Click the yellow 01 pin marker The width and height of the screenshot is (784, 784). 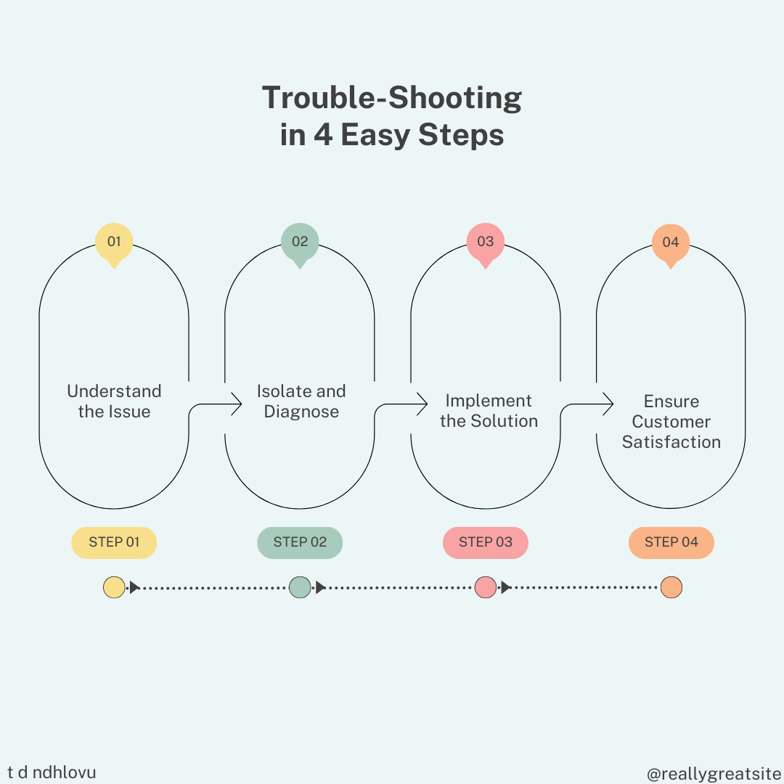click(114, 242)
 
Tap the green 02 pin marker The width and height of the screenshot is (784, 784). click(300, 242)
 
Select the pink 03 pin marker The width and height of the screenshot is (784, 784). click(485, 242)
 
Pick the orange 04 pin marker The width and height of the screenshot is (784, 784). click(671, 242)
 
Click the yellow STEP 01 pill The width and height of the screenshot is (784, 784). click(114, 542)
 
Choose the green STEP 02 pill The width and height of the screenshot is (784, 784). click(300, 542)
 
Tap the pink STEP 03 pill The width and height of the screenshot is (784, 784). click(485, 542)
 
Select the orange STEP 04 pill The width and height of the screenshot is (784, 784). click(671, 542)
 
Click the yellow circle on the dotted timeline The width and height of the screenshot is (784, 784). click(114, 587)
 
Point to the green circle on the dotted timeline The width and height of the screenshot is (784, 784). click(300, 587)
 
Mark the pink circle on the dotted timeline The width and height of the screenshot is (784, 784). click(485, 587)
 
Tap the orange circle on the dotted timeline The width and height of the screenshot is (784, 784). click(671, 587)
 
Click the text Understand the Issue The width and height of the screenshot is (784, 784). click(114, 401)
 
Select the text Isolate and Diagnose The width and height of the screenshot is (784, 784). click(301, 401)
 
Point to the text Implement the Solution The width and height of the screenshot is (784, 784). click(489, 411)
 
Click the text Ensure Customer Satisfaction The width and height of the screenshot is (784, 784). click(671, 422)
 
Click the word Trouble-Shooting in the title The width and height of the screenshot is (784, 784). click(392, 99)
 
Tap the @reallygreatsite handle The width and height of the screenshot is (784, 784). click(714, 775)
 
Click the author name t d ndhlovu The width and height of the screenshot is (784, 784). click(52, 772)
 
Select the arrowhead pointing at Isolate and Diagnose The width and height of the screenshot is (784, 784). click(237, 404)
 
